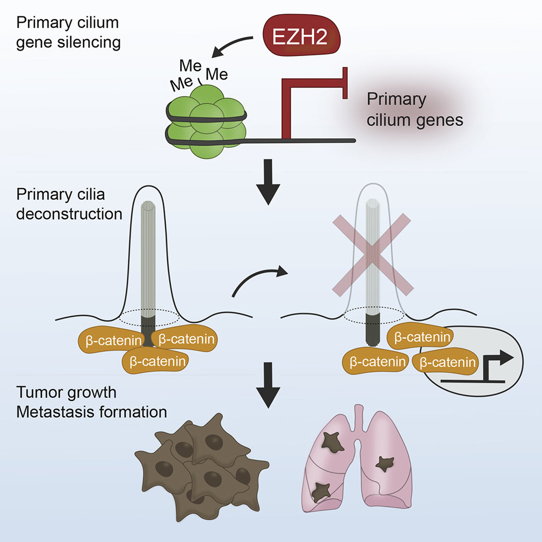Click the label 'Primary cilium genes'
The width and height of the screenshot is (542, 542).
[x=415, y=110]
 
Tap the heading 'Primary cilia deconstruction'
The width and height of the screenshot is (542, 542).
[x=69, y=205]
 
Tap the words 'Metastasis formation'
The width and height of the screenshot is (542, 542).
[x=91, y=412]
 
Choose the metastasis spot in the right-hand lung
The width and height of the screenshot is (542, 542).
[x=386, y=464]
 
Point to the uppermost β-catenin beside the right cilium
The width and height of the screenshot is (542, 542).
[x=418, y=338]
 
